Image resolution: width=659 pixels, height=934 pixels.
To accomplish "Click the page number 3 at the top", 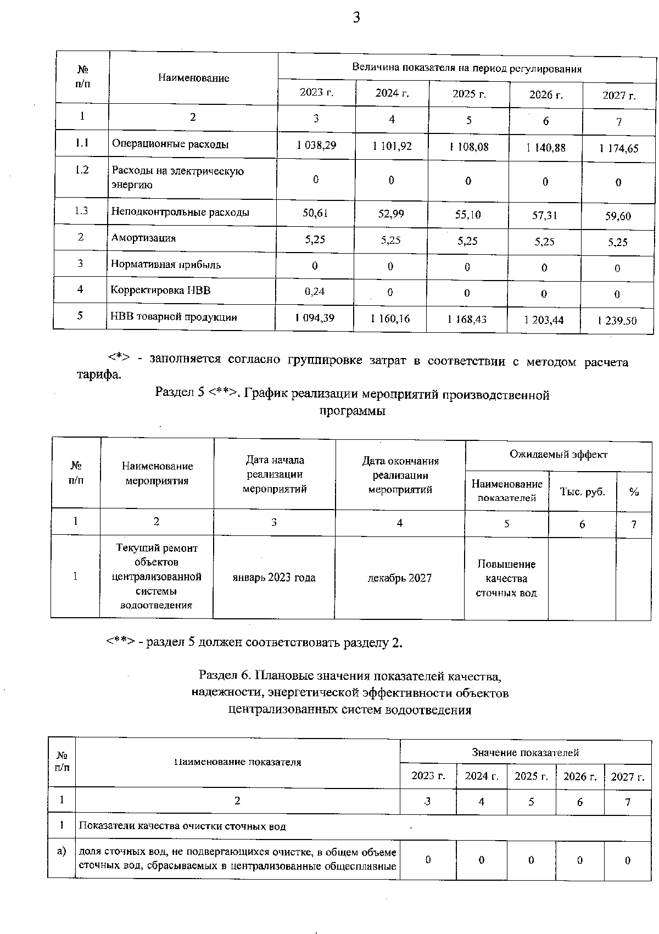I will [356, 18].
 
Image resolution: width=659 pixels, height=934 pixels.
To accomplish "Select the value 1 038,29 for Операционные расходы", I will [316, 146].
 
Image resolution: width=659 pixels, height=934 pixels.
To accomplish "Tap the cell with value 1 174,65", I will [618, 148].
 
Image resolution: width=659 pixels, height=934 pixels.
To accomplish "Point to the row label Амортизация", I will [144, 238].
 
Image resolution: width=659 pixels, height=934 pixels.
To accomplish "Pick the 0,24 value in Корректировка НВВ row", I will [315, 292].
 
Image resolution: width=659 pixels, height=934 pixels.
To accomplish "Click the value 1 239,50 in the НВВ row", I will [617, 321].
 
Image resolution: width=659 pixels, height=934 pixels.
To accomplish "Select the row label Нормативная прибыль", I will [166, 264].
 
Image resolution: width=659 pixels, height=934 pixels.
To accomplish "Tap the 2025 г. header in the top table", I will [469, 94].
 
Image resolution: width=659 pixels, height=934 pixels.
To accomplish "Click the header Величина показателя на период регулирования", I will [466, 68].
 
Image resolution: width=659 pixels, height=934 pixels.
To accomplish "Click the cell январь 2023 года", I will [273, 578].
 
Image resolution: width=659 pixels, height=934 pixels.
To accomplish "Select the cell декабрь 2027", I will [399, 578].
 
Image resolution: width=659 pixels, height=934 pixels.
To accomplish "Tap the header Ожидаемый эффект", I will [558, 455].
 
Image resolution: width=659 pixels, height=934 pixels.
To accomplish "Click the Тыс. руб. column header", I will [582, 491].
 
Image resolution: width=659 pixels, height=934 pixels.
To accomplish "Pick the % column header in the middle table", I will [634, 492].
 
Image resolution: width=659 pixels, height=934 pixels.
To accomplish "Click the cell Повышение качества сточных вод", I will [506, 578].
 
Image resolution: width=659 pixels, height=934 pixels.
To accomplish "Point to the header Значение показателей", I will [525, 752].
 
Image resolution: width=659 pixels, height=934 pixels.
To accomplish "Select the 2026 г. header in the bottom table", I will [580, 776].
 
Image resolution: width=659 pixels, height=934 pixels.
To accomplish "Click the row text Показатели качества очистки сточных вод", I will [182, 826].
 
